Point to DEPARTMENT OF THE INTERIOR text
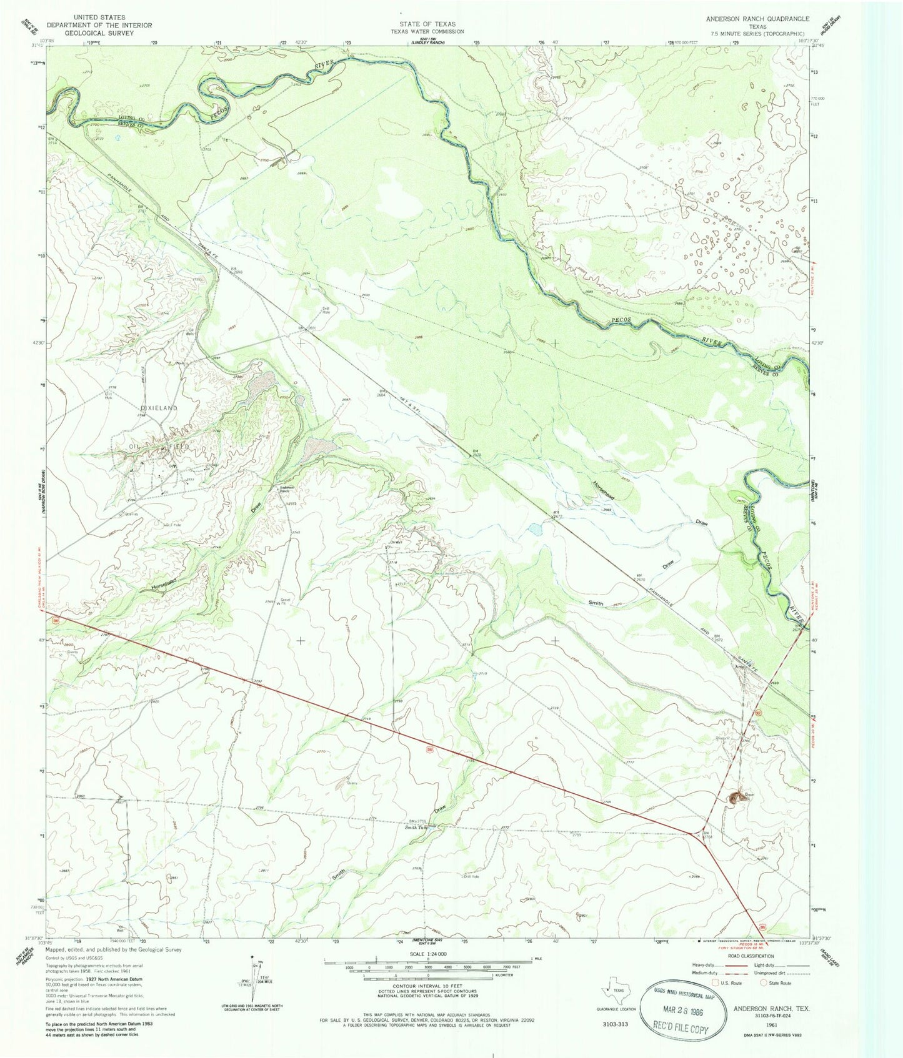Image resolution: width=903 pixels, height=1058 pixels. pyautogui.click(x=103, y=25)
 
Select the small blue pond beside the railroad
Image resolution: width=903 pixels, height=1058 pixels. pyautogui.click(x=535, y=530)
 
